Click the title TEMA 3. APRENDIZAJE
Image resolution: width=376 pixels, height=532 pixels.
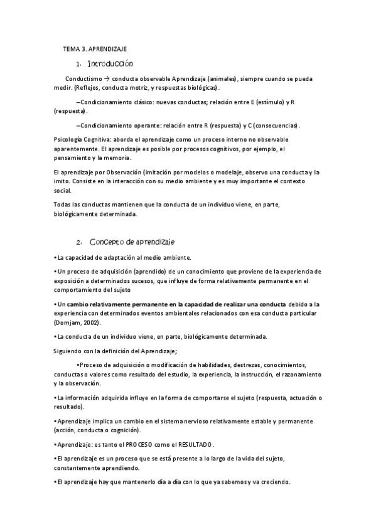(x=99, y=48)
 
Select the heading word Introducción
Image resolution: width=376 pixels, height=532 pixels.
(x=110, y=64)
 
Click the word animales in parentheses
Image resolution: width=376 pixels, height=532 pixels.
(x=222, y=79)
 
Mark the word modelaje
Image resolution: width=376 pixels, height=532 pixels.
(x=221, y=171)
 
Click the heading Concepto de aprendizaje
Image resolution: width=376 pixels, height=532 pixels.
(x=132, y=242)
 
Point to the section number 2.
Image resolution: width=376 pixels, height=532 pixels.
(x=78, y=242)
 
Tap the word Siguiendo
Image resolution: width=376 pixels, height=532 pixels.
(x=68, y=350)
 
